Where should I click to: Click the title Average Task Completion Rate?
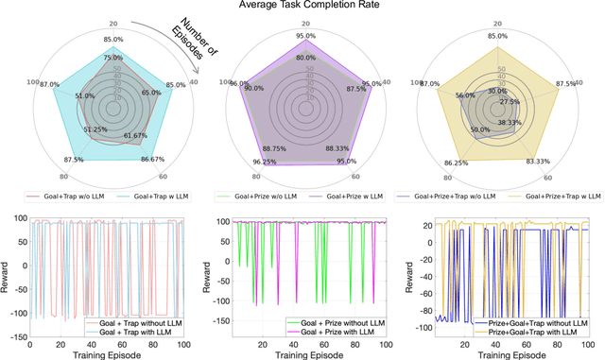(x=302, y=6)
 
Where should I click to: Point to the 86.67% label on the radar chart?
(x=154, y=160)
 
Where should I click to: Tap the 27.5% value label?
(x=510, y=101)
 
